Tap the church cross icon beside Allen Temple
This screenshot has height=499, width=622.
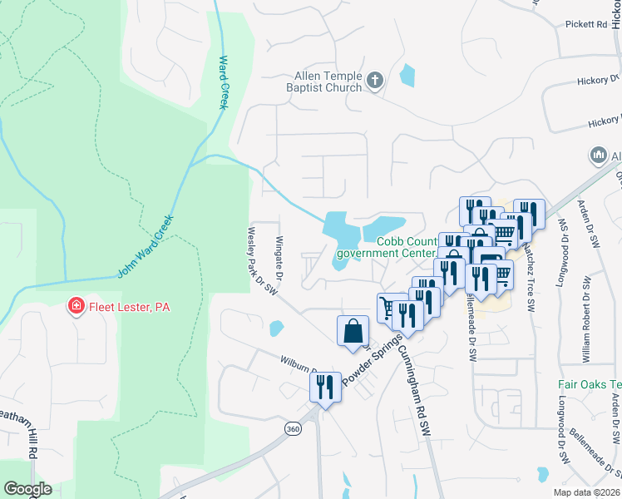tap(375, 81)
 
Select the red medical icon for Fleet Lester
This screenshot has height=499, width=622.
tap(77, 307)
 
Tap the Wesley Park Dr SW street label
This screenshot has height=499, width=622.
tap(262, 260)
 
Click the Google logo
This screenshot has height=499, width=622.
tap(27, 489)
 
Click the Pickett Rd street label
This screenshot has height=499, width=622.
tap(590, 24)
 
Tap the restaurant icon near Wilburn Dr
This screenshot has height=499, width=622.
tap(325, 386)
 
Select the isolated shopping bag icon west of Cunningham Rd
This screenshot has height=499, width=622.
tap(353, 330)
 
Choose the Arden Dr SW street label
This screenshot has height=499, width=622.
tap(594, 229)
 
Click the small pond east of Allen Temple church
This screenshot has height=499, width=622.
tap(407, 76)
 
